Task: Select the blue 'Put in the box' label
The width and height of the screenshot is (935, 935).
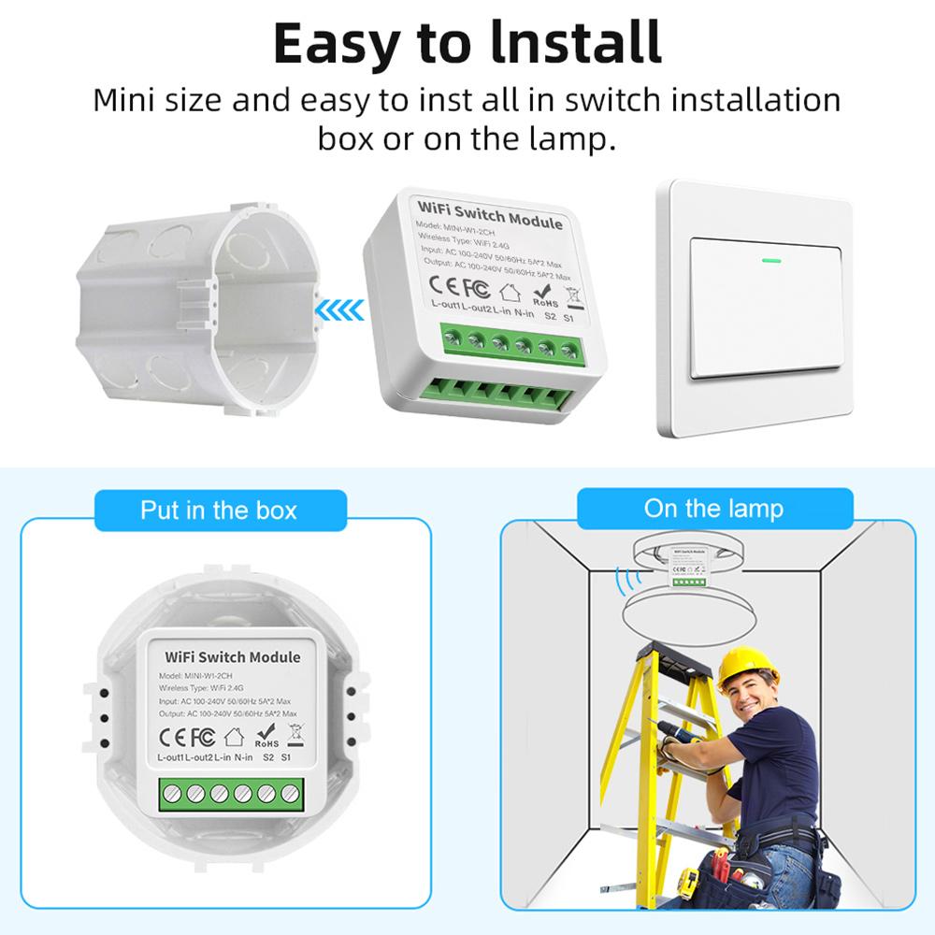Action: tap(219, 511)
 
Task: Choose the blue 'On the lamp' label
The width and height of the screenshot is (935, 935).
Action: tap(713, 509)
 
